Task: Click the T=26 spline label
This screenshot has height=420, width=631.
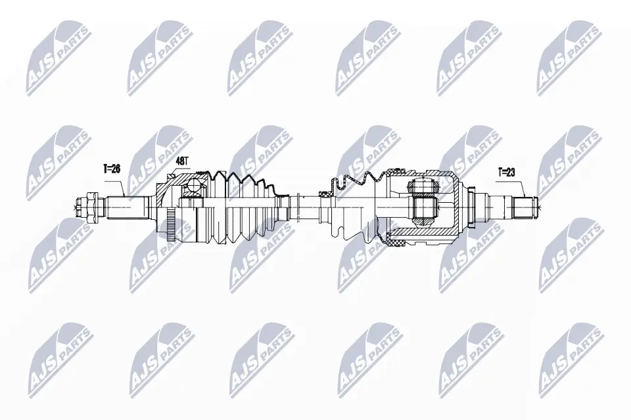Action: (111, 169)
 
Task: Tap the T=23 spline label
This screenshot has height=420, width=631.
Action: (507, 173)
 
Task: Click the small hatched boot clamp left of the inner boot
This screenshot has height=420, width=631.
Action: (324, 194)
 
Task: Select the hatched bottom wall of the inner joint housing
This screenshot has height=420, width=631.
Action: (421, 234)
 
